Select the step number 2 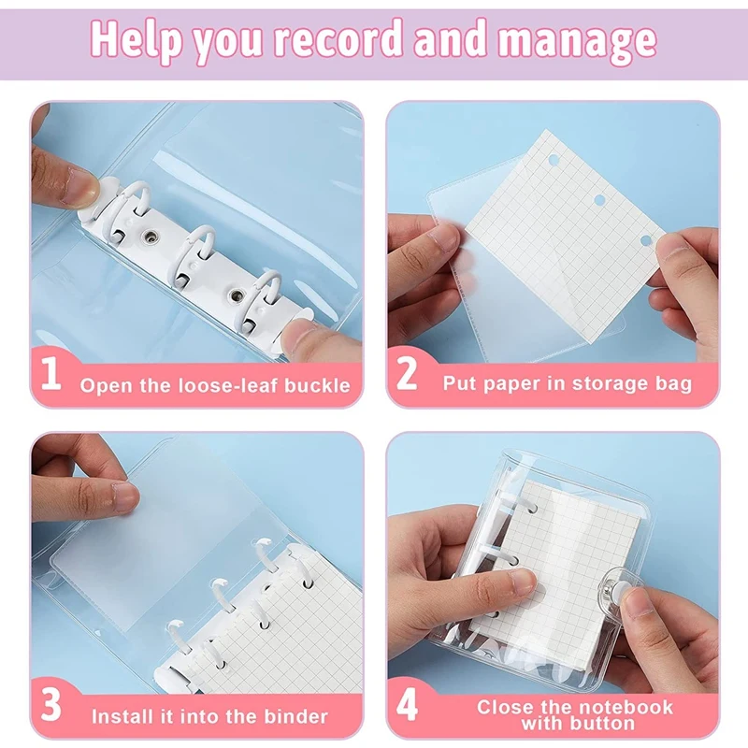coord(407,374)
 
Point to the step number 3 coord(52,706)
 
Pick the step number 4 coord(407,706)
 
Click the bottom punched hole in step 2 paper coord(644,241)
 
